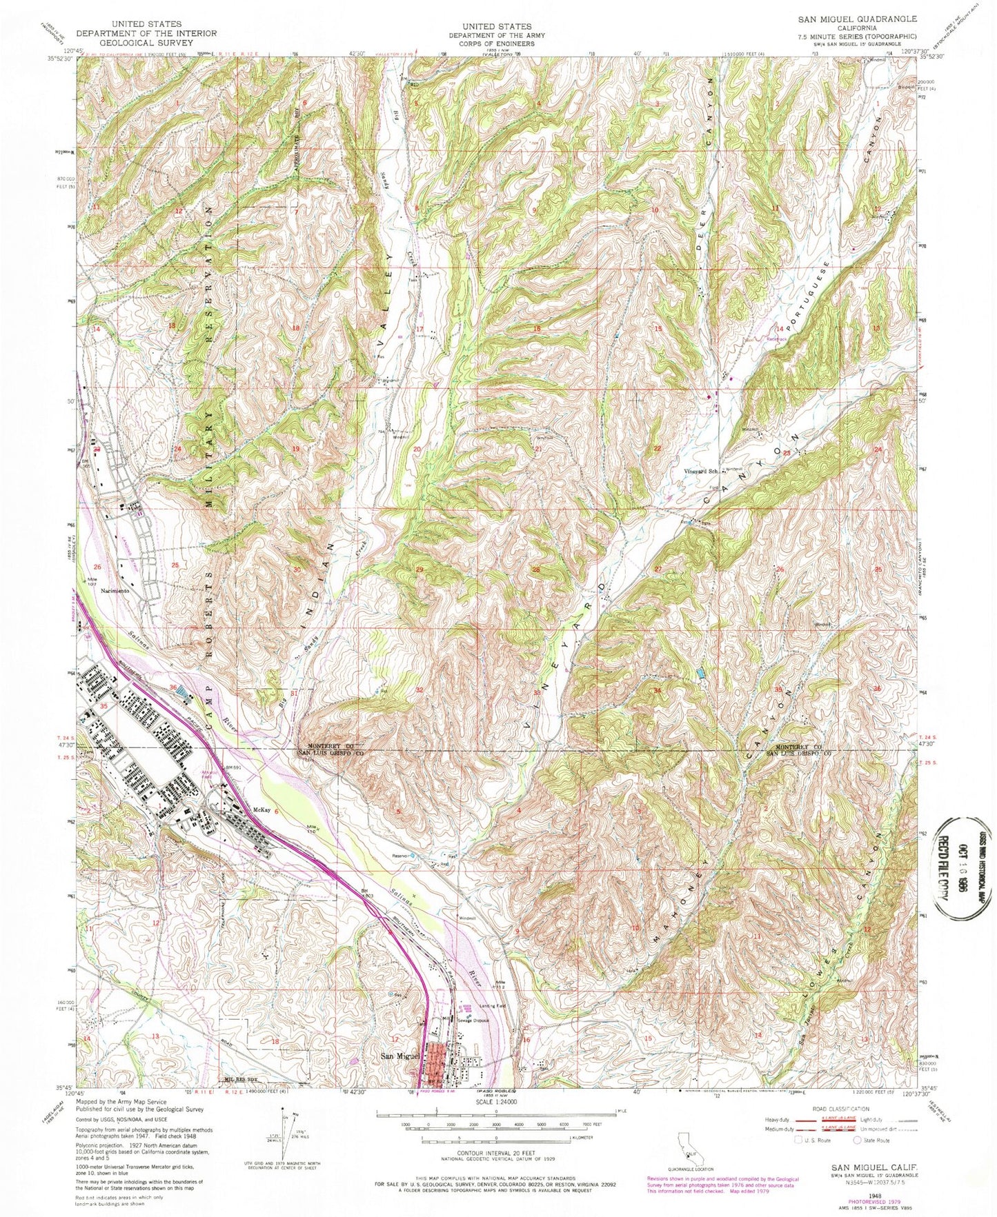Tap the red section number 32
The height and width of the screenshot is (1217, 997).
tap(419, 690)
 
